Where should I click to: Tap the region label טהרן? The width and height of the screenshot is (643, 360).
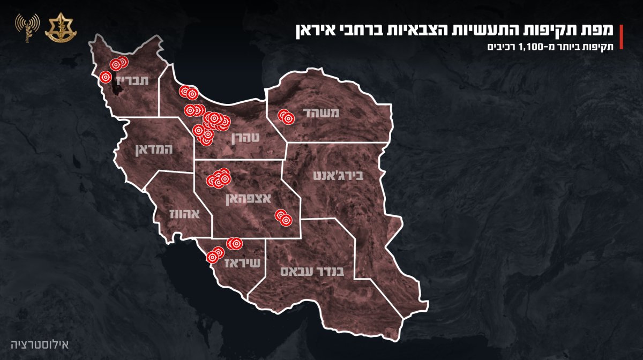point(245,138)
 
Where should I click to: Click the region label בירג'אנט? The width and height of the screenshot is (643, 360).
point(330,175)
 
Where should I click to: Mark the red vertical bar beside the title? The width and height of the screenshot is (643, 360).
point(621,36)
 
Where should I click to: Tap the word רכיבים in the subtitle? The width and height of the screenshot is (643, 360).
point(500,46)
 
